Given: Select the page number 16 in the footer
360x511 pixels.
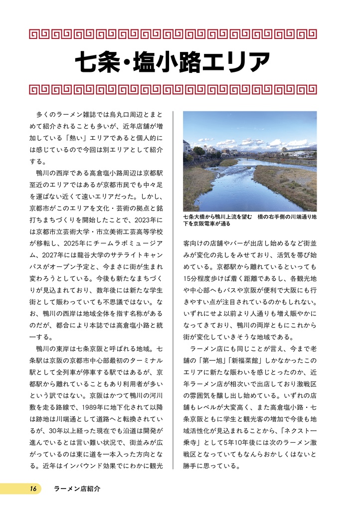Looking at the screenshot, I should pyautogui.click(x=33, y=489).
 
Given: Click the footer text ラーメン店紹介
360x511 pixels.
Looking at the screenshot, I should pyautogui.click(x=77, y=489).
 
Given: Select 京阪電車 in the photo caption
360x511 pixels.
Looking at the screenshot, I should pyautogui.click(x=201, y=224).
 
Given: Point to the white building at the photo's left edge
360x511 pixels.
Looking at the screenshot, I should pyautogui.click(x=186, y=147).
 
